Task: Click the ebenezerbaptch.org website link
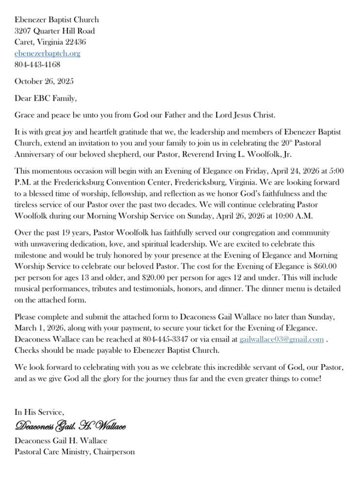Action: click(47, 53)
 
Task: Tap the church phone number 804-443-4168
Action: click(38, 65)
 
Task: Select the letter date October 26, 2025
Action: click(45, 81)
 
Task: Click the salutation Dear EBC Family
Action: click(46, 98)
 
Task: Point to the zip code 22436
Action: click(75, 42)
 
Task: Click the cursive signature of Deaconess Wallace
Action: click(71, 427)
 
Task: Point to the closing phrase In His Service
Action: click(39, 412)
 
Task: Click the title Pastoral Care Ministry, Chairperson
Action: click(75, 452)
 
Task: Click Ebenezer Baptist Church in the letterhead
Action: click(57, 20)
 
